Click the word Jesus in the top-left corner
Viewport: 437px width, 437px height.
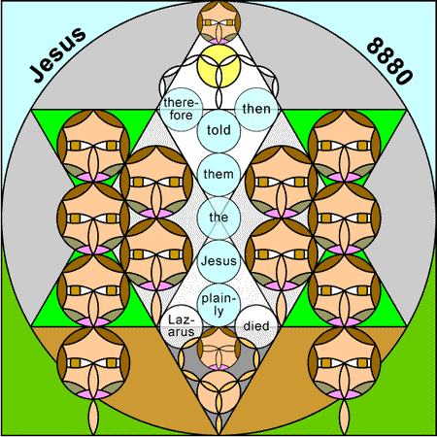[x=57, y=54]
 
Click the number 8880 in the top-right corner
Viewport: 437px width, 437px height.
[x=389, y=61]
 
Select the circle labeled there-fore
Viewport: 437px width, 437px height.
[x=181, y=109]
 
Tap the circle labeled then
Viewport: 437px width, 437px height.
[x=256, y=109]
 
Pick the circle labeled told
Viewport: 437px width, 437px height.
[x=218, y=130]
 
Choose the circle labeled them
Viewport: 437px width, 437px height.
[x=218, y=174]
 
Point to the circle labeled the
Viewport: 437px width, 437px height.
[x=218, y=218]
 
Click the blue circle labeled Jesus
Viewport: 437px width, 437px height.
[x=218, y=261]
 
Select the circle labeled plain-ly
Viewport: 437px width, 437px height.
[x=218, y=305]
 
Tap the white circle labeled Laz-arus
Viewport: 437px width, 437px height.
[x=181, y=326]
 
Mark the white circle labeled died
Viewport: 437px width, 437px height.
[x=256, y=326]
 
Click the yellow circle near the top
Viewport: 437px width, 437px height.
[x=218, y=66]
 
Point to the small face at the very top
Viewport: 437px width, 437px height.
[x=218, y=22]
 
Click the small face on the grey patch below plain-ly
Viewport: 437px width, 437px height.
[x=218, y=349]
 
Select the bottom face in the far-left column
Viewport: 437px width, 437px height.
[x=93, y=362]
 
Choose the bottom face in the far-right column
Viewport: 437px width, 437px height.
[x=345, y=362]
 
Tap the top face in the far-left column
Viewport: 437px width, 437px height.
[x=93, y=146]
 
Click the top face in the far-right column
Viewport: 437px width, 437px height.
[x=345, y=146]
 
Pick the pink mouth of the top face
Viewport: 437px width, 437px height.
[x=218, y=42]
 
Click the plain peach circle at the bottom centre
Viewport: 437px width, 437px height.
[x=218, y=391]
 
